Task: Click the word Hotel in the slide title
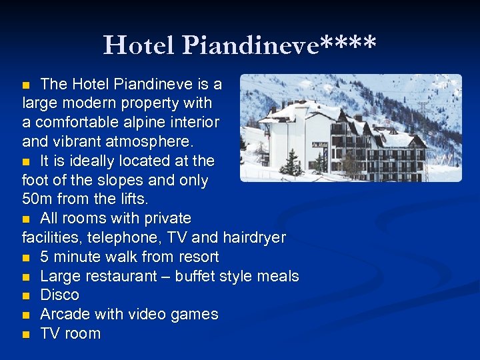click(139, 45)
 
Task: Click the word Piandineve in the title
click(249, 45)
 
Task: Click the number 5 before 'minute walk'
click(45, 257)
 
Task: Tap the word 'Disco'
click(59, 295)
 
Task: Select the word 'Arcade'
click(65, 314)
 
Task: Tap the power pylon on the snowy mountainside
click(423, 110)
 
